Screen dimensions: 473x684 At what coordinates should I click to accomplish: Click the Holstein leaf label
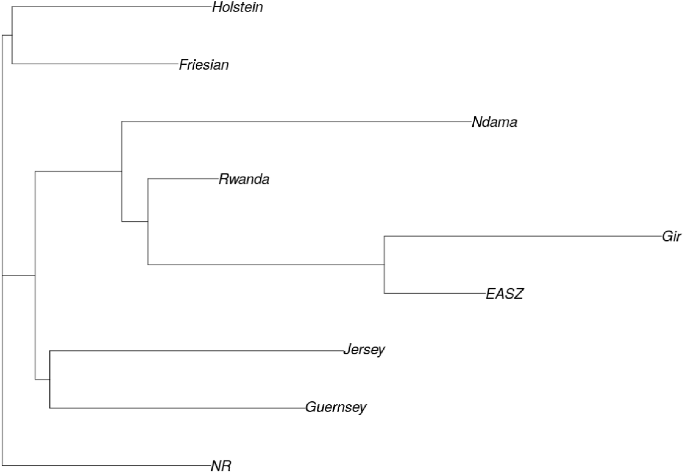coord(237,7)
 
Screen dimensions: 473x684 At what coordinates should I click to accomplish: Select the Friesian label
coord(204,65)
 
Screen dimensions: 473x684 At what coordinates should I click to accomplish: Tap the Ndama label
coord(494,122)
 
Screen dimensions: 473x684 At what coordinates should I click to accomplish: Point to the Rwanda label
coord(244,179)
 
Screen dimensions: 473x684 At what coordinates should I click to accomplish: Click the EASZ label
coord(505,294)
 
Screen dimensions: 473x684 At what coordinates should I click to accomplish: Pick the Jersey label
coord(364,350)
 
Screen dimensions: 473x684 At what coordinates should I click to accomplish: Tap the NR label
coord(221,466)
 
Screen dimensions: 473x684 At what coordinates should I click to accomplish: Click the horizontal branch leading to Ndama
coord(296,121)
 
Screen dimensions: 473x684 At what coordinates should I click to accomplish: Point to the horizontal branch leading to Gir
coord(521,236)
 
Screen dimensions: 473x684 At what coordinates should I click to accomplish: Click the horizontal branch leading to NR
coord(107,465)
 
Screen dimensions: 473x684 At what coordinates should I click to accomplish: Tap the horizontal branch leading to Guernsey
coord(178,408)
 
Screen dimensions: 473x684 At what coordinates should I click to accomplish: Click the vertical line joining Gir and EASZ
coord(384,265)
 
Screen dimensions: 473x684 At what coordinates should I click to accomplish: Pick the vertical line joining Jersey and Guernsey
coord(50,379)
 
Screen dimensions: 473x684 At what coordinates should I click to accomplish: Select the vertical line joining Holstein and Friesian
coord(12,35)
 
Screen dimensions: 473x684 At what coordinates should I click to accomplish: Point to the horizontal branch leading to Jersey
coord(196,351)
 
